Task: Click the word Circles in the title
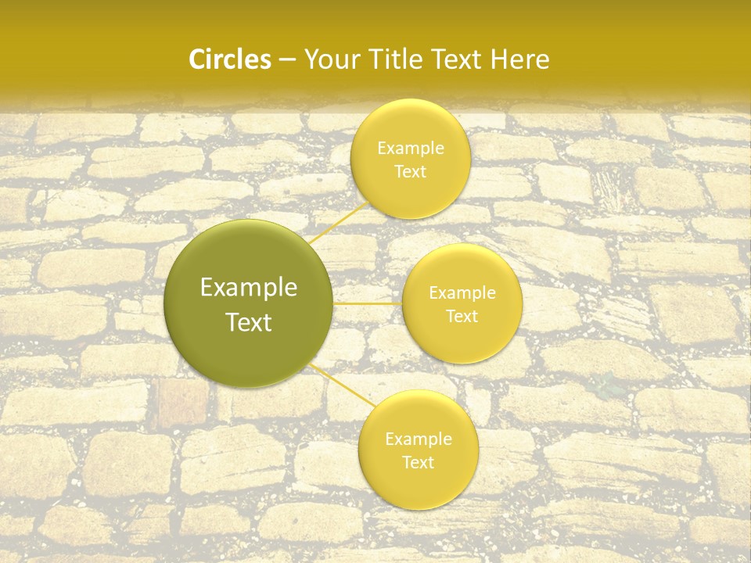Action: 230,59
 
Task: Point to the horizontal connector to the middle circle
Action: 367,303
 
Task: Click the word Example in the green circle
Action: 248,288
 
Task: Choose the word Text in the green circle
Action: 248,322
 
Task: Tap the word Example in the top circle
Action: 410,148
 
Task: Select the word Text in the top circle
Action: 410,171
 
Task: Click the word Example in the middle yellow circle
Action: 462,293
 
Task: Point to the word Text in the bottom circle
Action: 418,462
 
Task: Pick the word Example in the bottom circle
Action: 418,439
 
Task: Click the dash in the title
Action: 287,59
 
